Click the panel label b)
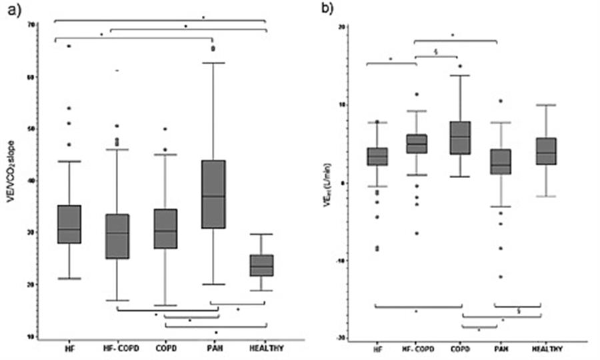tap(321, 12)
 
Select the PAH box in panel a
tap(213, 194)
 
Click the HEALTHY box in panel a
tap(261, 265)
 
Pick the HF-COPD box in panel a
tap(117, 236)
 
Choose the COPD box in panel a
tap(165, 229)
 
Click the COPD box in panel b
tap(459, 138)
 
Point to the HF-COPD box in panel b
tap(417, 143)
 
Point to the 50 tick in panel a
tap(30, 128)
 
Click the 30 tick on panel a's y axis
tap(30, 232)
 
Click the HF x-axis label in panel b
tap(378, 349)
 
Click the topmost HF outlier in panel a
tap(69, 46)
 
